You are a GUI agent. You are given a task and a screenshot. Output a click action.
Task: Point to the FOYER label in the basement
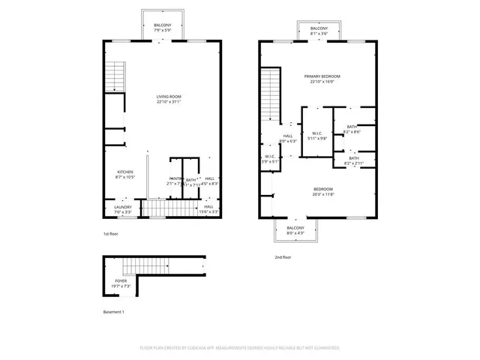(121, 280)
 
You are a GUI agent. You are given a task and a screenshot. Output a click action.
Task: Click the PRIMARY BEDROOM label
(322, 76)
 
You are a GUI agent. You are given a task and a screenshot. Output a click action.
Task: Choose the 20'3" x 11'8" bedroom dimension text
(322, 193)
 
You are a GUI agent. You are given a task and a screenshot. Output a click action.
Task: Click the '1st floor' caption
(111, 234)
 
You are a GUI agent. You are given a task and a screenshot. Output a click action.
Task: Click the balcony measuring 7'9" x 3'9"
(163, 27)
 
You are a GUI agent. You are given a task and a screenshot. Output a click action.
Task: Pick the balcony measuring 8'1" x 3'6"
(319, 30)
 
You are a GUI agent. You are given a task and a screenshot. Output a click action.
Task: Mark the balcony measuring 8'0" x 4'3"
(295, 230)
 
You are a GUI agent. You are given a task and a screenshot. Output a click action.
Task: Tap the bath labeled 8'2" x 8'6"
(352, 129)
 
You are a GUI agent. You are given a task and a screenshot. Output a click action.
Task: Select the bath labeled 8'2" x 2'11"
(352, 160)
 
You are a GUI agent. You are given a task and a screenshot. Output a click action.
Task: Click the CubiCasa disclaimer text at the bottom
(240, 348)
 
